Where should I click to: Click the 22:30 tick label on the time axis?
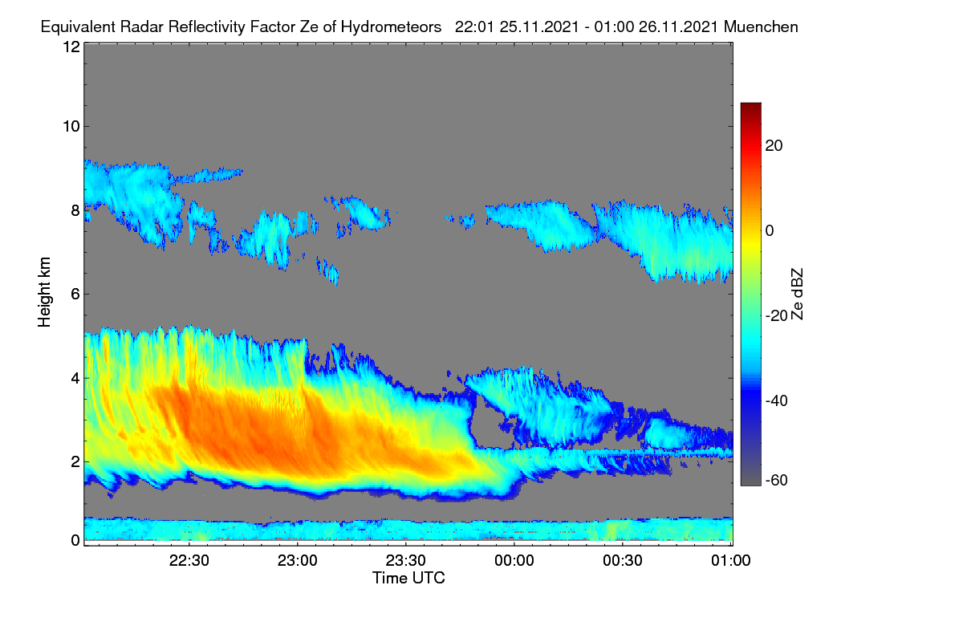[x=189, y=561]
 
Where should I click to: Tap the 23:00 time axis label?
[x=297, y=561]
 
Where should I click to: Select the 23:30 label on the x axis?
[x=405, y=561]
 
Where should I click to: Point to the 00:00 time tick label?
[x=514, y=561]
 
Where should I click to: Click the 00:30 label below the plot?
[x=623, y=561]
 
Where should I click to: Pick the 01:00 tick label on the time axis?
[x=731, y=561]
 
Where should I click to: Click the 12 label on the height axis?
[x=71, y=47]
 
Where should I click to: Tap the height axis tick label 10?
[x=71, y=127]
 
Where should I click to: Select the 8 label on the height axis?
[x=75, y=211]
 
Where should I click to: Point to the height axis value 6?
[x=75, y=295]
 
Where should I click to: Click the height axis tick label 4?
[x=75, y=379]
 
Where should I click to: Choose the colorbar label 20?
[x=774, y=146]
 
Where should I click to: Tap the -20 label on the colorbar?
[x=776, y=316]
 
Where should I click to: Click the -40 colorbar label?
[x=776, y=400]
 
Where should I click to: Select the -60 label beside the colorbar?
[x=776, y=481]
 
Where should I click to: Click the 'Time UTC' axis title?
[x=408, y=578]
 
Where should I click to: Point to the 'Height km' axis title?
[x=44, y=292]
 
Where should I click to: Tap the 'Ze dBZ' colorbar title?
[x=797, y=295]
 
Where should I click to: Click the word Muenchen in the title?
[x=761, y=26]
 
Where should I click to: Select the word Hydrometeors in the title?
[x=391, y=27]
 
